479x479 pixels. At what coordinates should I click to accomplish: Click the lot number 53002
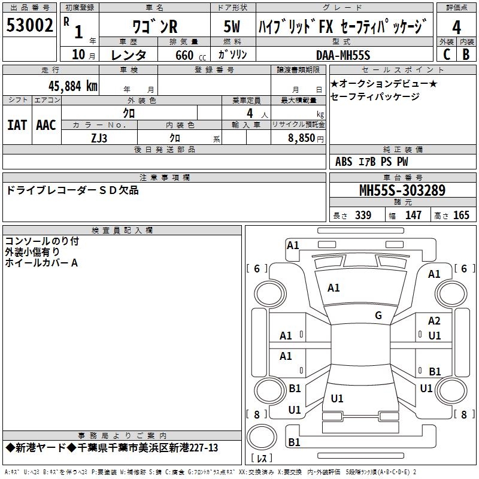click(29, 25)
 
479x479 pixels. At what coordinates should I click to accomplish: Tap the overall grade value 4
click(456, 28)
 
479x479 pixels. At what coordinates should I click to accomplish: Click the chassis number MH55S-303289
click(402, 191)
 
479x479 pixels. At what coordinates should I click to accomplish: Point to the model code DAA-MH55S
click(343, 55)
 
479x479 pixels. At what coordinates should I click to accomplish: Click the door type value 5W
click(232, 27)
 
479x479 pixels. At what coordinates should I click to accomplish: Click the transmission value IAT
click(17, 125)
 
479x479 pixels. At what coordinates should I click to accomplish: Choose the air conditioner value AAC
click(46, 125)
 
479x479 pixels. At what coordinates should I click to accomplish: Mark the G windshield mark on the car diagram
click(378, 316)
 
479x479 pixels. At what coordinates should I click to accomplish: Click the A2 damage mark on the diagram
click(434, 322)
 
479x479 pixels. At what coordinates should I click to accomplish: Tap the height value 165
click(462, 215)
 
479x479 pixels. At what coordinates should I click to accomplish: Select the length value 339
click(363, 215)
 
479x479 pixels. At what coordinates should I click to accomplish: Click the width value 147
click(413, 215)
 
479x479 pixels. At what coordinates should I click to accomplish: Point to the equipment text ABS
click(344, 162)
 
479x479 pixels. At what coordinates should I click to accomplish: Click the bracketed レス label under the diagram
click(262, 459)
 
